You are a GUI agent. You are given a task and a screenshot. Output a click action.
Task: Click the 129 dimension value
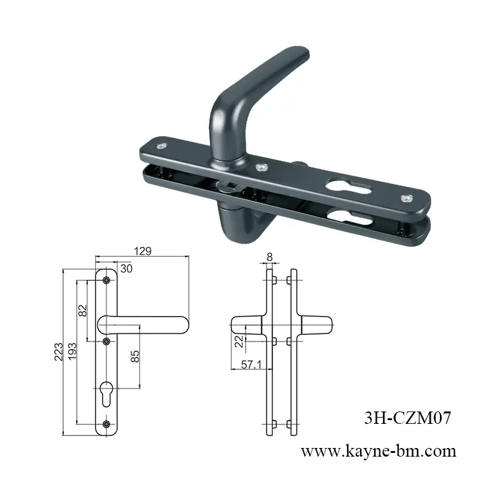(x=143, y=251)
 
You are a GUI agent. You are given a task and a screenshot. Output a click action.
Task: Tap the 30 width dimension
(x=126, y=269)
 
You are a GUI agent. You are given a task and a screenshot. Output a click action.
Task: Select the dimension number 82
(x=84, y=311)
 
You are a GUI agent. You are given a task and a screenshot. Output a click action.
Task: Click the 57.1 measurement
(x=250, y=366)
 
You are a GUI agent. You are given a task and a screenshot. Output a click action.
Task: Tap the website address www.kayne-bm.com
(x=378, y=451)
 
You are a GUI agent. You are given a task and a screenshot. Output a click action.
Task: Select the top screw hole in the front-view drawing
(x=106, y=280)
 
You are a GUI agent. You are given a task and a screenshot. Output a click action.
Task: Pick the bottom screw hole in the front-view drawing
(x=106, y=424)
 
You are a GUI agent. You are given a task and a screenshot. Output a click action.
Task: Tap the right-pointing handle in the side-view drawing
(x=316, y=324)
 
